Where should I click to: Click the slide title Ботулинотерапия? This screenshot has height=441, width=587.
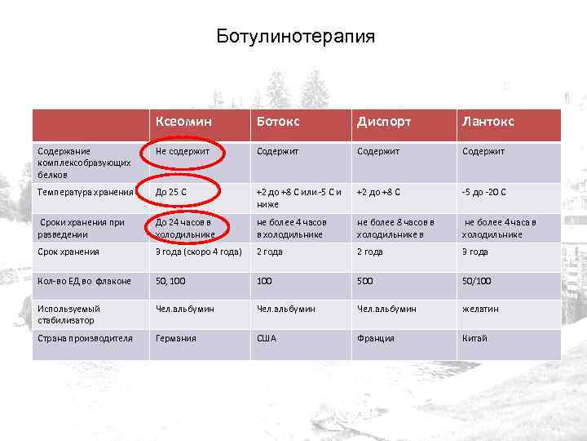click(x=296, y=37)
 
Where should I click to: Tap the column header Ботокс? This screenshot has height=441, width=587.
click(x=278, y=122)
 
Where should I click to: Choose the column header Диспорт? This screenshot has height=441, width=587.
click(x=383, y=122)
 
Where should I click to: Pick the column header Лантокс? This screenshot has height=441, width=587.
click(x=488, y=122)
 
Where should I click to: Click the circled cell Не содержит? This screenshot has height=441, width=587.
click(x=183, y=151)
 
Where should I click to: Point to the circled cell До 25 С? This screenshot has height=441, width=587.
click(x=174, y=192)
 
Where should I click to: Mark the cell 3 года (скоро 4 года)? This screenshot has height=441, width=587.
click(x=199, y=252)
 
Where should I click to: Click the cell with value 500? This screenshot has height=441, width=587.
click(x=366, y=281)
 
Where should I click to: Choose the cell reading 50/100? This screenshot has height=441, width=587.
click(x=477, y=281)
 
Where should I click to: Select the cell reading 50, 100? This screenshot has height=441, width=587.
click(x=172, y=281)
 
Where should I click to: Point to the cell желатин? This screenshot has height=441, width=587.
click(x=480, y=310)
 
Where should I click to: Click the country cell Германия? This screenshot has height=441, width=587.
click(x=176, y=338)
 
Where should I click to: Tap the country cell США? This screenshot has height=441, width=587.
click(x=267, y=338)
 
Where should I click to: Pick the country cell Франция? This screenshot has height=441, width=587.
click(x=375, y=338)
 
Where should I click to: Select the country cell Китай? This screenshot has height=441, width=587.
click(x=474, y=338)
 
